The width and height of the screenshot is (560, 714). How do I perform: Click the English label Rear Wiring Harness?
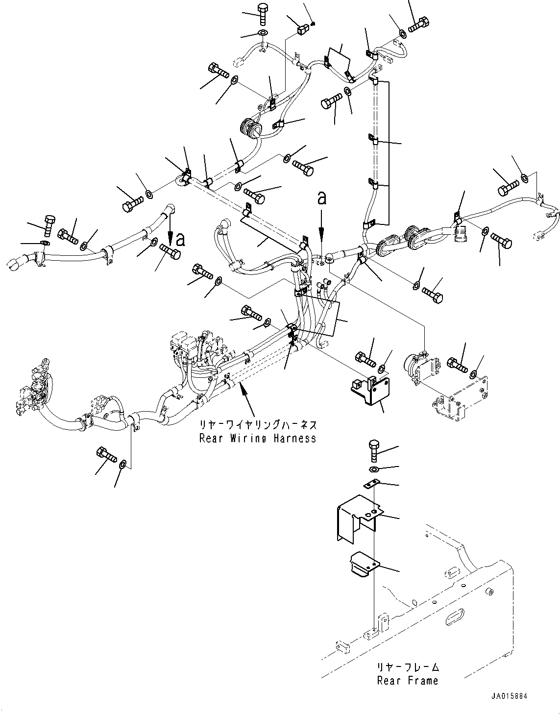point(258,439)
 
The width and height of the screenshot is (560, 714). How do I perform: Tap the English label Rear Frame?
point(408,680)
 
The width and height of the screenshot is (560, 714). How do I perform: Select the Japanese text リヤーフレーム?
point(408,667)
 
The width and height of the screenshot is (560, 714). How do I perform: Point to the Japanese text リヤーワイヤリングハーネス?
point(258,424)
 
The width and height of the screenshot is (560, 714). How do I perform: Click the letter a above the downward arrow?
point(322,198)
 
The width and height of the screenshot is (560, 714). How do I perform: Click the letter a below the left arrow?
point(181,239)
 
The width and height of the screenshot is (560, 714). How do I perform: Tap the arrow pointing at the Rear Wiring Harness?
point(248,396)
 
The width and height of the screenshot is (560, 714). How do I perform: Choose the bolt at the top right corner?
point(419,23)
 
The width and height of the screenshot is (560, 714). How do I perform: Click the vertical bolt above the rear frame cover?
point(374,450)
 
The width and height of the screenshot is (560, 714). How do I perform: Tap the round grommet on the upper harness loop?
point(251,129)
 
